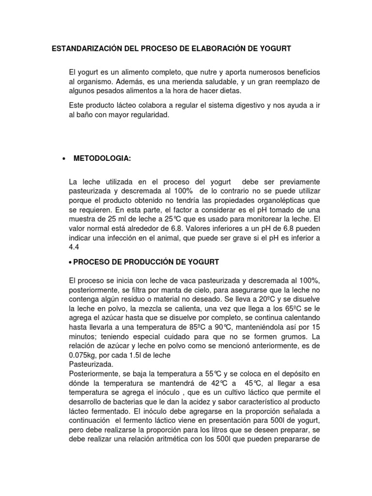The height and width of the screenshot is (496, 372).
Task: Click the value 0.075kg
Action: coord(85,354)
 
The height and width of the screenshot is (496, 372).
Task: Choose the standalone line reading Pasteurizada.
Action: coord(91,363)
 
